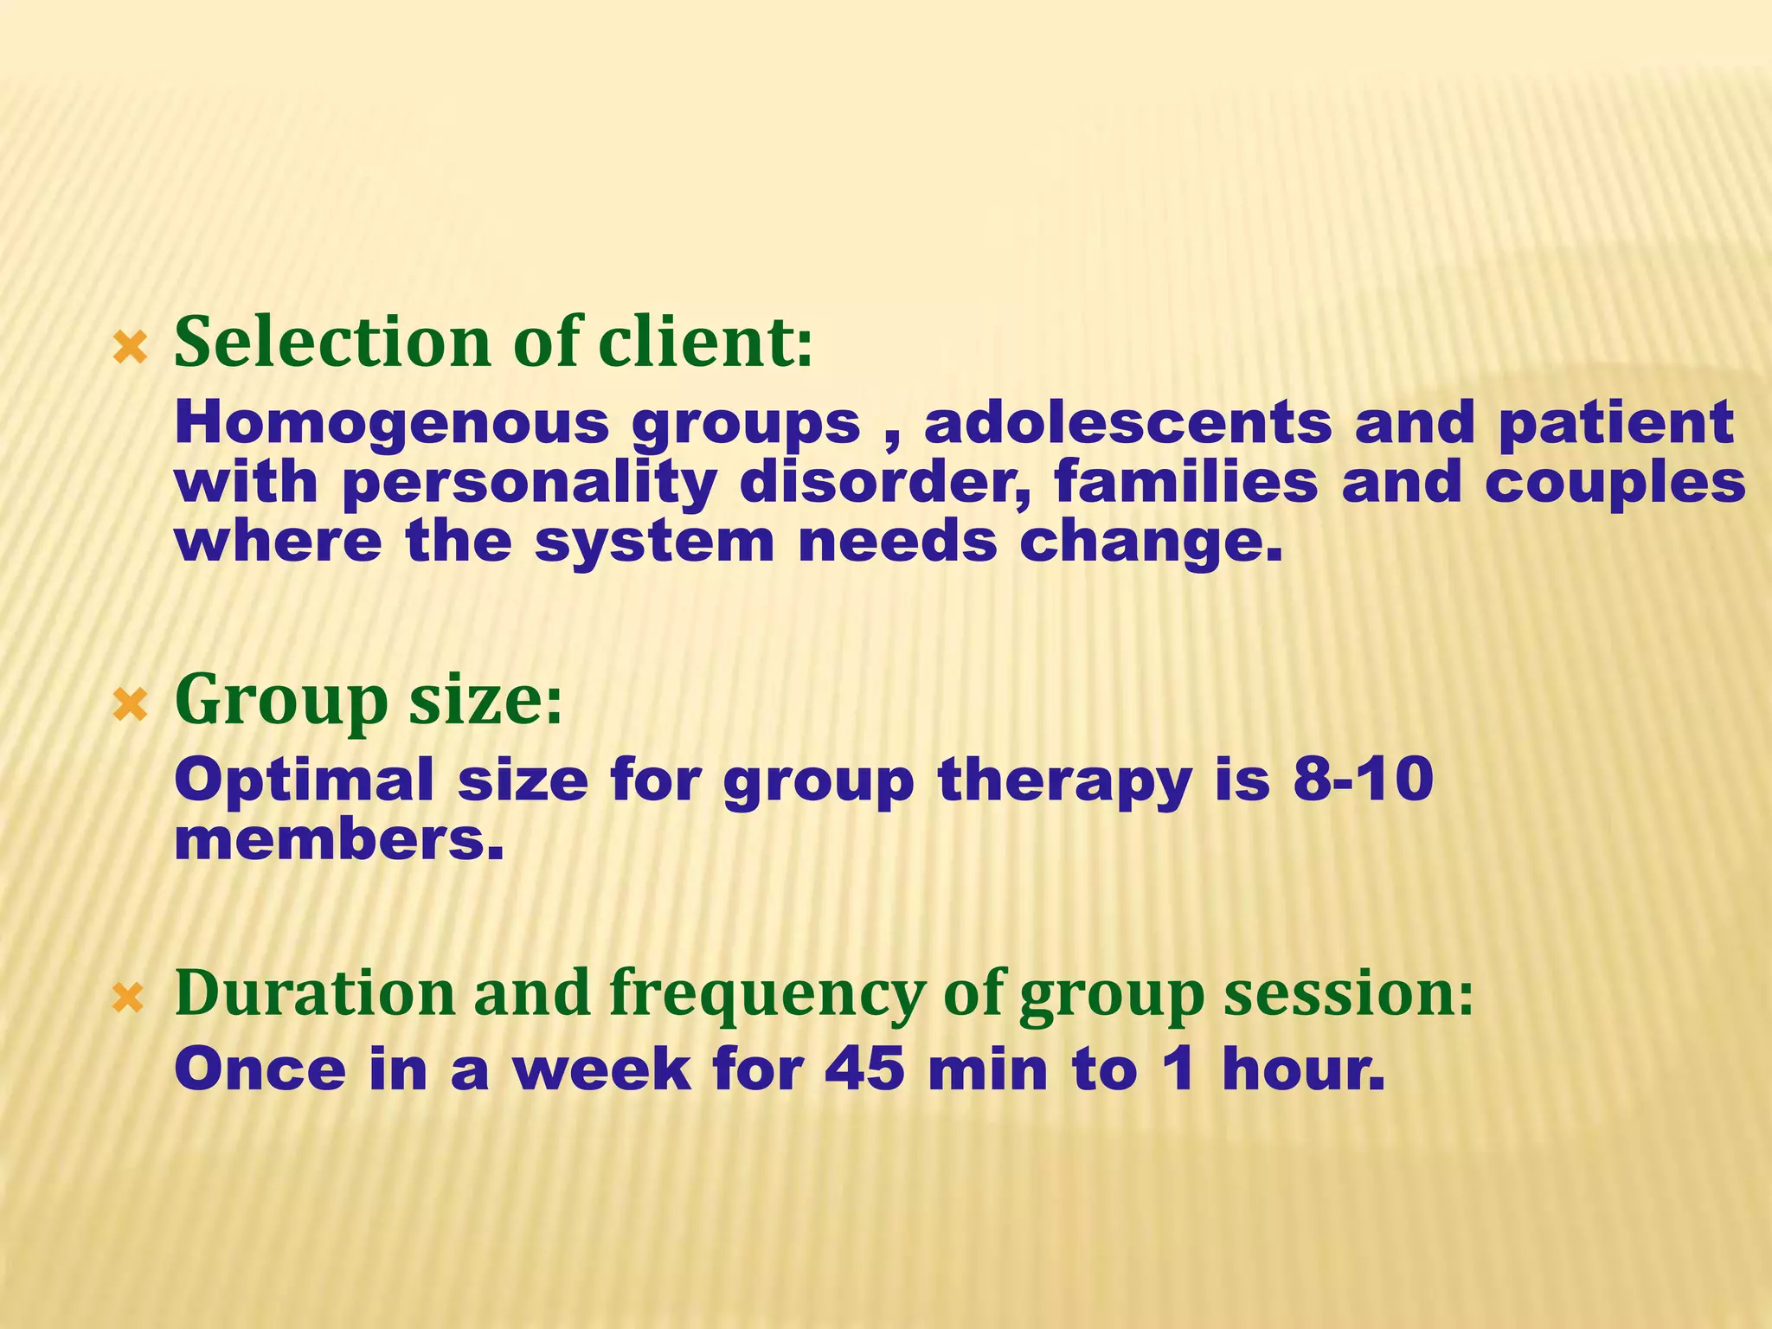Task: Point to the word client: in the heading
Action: pos(705,343)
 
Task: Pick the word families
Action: pos(1186,482)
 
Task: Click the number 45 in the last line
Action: pos(864,1069)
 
